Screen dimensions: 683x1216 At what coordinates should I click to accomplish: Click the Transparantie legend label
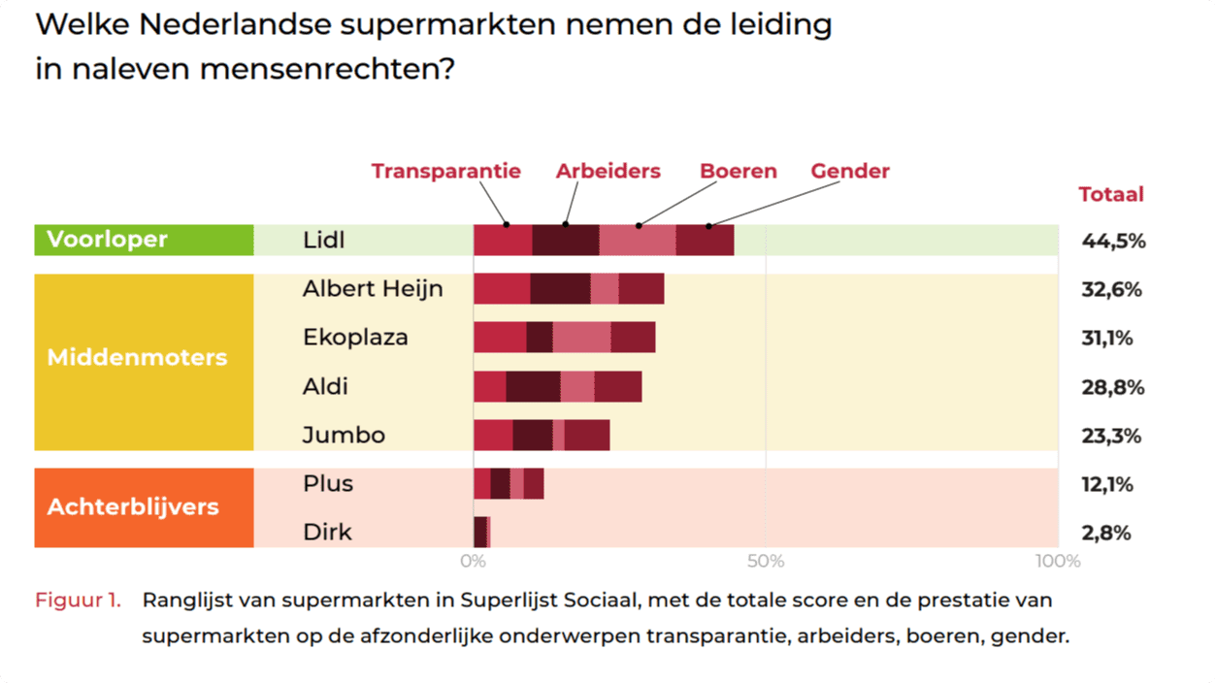pyautogui.click(x=445, y=172)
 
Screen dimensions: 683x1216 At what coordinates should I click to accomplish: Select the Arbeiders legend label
pyautogui.click(x=608, y=172)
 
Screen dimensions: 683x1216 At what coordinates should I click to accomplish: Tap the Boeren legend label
pyautogui.click(x=739, y=172)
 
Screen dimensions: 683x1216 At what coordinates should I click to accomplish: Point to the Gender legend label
pyautogui.click(x=850, y=172)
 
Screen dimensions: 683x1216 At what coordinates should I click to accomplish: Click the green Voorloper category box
pyautogui.click(x=144, y=240)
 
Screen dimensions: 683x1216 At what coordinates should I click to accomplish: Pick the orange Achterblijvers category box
pyautogui.click(x=144, y=507)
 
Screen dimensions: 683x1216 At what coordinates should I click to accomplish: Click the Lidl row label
pyautogui.click(x=323, y=241)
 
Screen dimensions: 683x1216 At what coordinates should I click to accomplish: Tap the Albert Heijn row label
pyautogui.click(x=372, y=289)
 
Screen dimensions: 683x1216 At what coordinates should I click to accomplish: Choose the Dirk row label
pyautogui.click(x=327, y=532)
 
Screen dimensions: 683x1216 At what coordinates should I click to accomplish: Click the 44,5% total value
pyautogui.click(x=1113, y=242)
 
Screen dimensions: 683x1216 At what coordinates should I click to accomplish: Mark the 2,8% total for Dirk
pyautogui.click(x=1106, y=533)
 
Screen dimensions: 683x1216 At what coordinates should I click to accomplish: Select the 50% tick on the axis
pyautogui.click(x=765, y=562)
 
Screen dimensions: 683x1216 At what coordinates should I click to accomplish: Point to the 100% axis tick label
pyautogui.click(x=1057, y=562)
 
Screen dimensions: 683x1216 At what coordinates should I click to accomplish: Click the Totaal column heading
pyautogui.click(x=1111, y=194)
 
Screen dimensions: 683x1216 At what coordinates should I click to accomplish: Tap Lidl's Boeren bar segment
pyautogui.click(x=637, y=240)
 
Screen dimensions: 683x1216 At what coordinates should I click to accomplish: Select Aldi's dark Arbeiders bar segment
pyautogui.click(x=533, y=386)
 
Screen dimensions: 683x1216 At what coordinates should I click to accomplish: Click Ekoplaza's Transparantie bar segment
pyautogui.click(x=500, y=338)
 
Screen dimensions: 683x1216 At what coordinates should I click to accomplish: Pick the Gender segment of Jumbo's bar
pyautogui.click(x=587, y=435)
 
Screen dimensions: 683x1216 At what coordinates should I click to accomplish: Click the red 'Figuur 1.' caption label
pyautogui.click(x=78, y=600)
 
